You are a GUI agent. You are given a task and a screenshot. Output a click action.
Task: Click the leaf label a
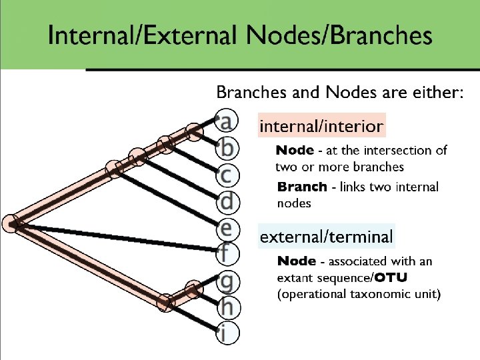pyautogui.click(x=227, y=121)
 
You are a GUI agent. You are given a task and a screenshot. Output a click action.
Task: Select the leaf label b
pyautogui.click(x=227, y=145)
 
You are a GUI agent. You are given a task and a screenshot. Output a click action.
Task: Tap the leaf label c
pyautogui.click(x=227, y=174)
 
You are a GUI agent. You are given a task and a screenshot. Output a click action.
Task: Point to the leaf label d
pyautogui.click(x=227, y=199)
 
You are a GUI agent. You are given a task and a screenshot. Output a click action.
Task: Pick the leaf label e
pyautogui.click(x=227, y=227)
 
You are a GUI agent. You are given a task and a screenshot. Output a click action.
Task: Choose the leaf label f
pyautogui.click(x=227, y=253)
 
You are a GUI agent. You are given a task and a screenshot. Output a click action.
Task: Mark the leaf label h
pyautogui.click(x=227, y=307)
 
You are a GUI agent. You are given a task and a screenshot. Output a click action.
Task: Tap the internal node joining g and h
pyautogui.click(x=193, y=289)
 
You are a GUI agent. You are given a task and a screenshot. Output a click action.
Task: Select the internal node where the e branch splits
pyautogui.click(x=114, y=169)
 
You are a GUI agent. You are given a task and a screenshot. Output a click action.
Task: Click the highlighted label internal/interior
pyautogui.click(x=321, y=125)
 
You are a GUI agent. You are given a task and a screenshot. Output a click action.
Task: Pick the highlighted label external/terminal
pyautogui.click(x=326, y=236)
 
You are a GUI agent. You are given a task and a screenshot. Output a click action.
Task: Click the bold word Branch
pyautogui.click(x=302, y=187)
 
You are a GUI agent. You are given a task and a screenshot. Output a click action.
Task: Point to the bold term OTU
pyautogui.click(x=391, y=277)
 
